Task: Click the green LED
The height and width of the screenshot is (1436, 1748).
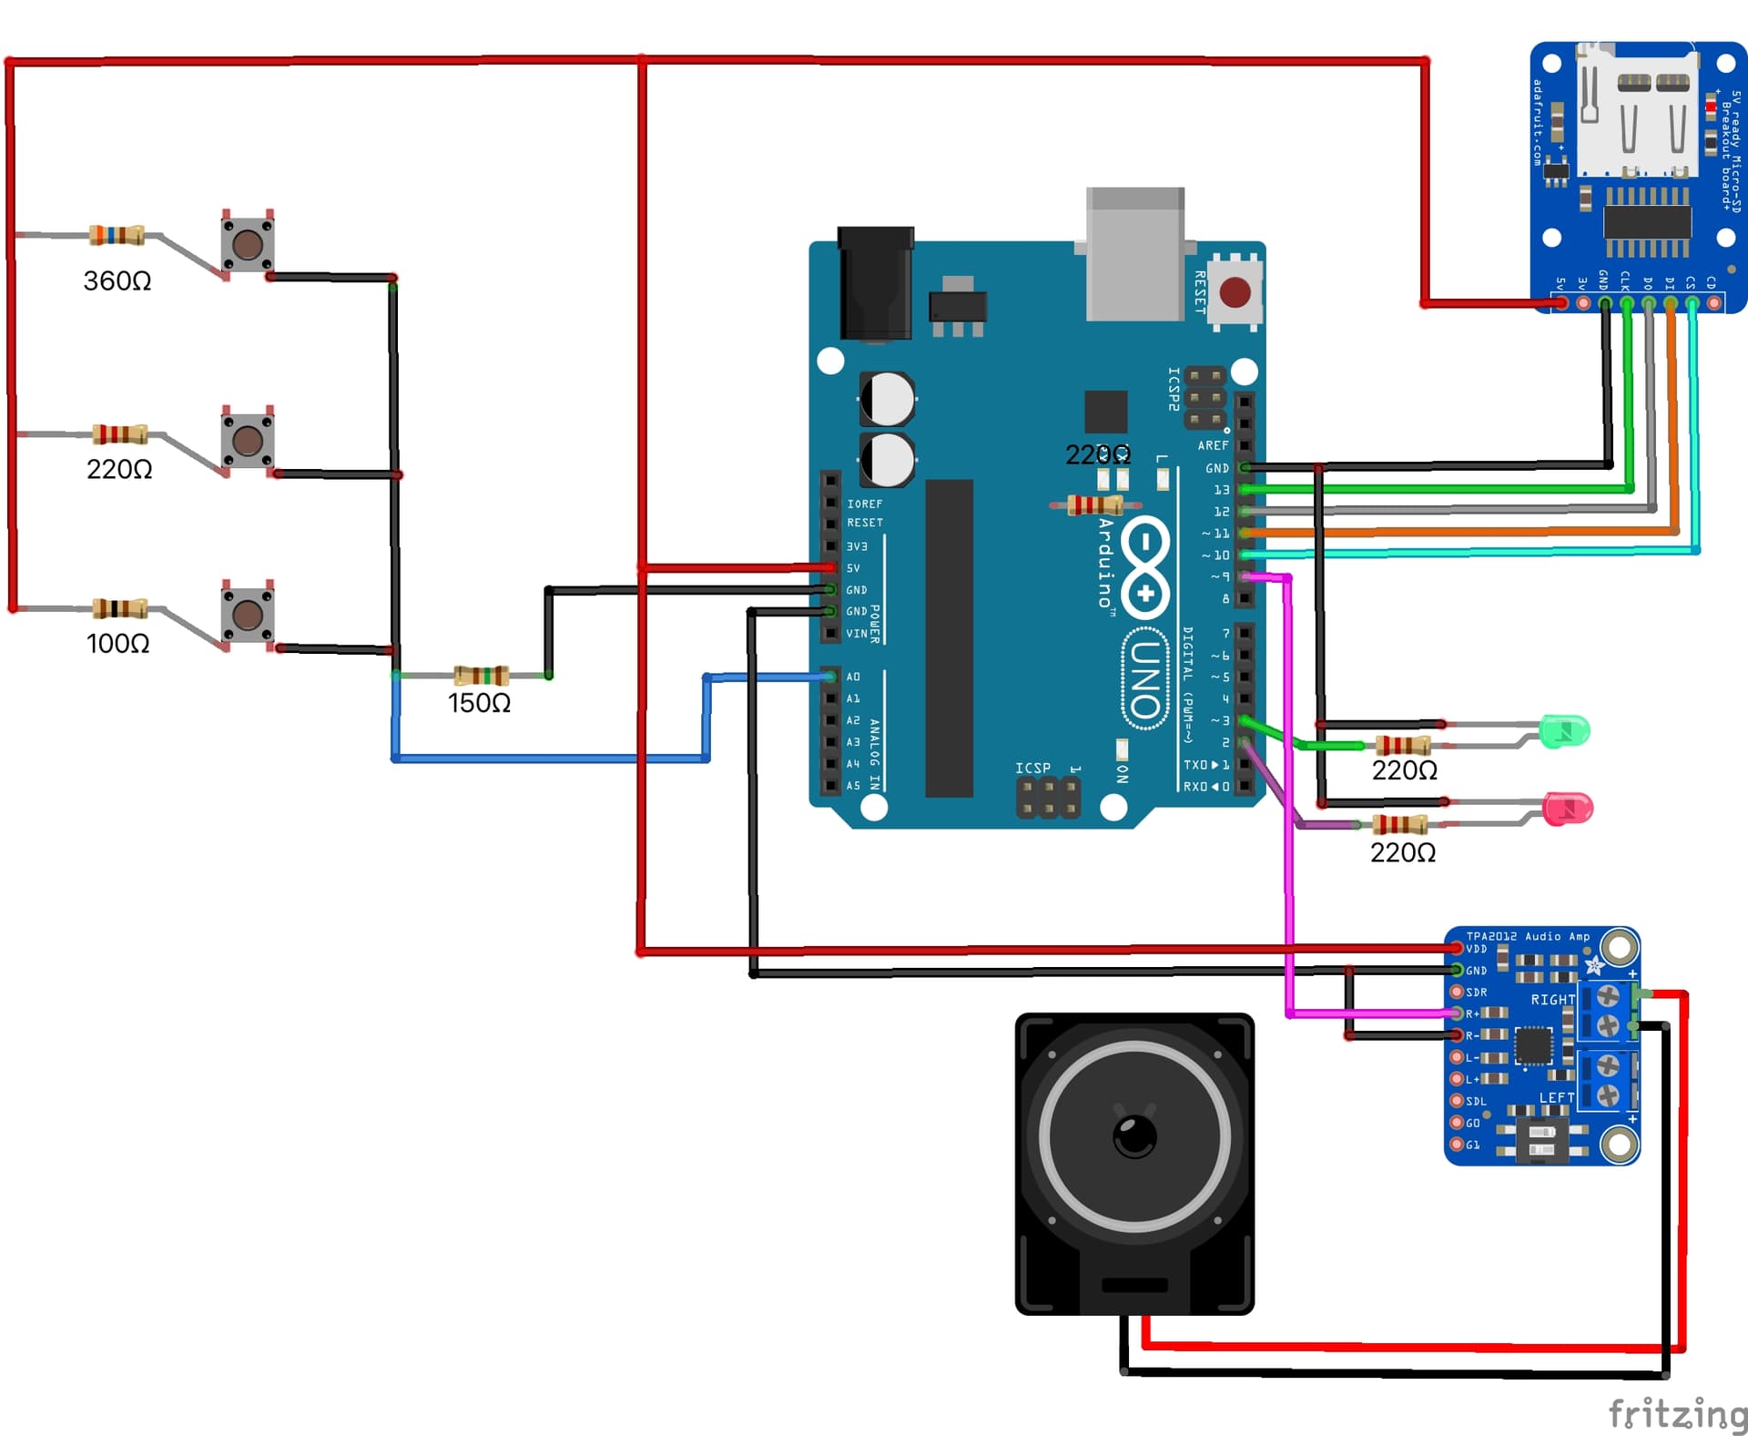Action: click(1565, 731)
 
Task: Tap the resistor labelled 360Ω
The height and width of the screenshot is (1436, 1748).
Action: click(117, 236)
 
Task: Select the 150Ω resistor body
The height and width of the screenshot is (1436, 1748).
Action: click(482, 675)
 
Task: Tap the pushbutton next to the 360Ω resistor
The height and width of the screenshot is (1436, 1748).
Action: click(248, 243)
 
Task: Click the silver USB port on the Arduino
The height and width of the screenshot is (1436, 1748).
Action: click(1134, 255)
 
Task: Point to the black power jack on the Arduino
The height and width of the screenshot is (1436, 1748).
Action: click(875, 283)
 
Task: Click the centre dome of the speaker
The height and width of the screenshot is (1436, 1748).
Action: click(1134, 1136)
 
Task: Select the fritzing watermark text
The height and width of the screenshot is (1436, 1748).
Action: click(1676, 1414)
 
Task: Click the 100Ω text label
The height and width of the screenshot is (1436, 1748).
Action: click(118, 644)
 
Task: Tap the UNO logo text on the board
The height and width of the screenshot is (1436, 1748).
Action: click(1146, 679)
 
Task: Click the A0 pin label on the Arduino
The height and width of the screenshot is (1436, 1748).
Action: click(853, 677)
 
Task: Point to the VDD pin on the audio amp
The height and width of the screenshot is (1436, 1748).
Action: click(1458, 949)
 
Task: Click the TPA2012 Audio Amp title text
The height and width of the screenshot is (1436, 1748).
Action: click(1528, 936)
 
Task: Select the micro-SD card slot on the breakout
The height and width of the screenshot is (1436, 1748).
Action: click(1638, 114)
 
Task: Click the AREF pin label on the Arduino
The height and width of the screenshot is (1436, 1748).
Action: click(1213, 445)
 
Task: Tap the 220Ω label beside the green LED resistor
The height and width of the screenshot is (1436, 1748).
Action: click(1404, 770)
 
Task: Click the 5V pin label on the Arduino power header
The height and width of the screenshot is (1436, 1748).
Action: click(853, 568)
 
